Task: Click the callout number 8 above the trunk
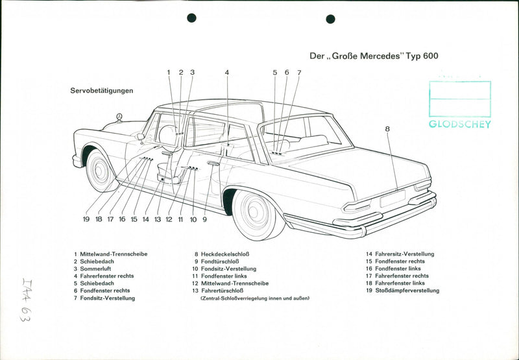click(387, 129)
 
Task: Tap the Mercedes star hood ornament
click(119, 117)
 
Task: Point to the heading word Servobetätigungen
click(102, 91)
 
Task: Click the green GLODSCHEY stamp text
click(460, 125)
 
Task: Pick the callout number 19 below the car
click(86, 219)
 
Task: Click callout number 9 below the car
click(204, 219)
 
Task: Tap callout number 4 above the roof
click(227, 73)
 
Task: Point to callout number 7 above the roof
click(299, 73)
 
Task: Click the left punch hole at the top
click(191, 18)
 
